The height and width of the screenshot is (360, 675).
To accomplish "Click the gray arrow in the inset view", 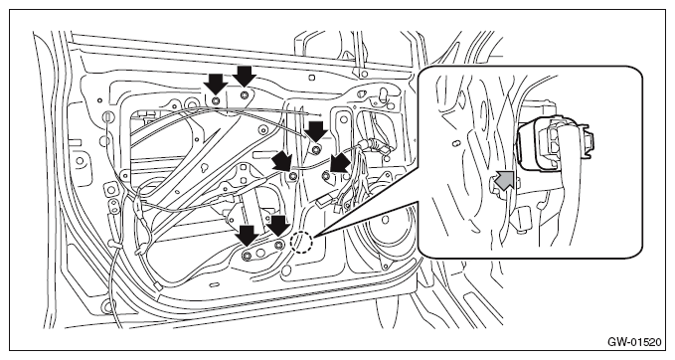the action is [x=505, y=180].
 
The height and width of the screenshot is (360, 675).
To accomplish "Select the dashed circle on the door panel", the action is [x=301, y=243].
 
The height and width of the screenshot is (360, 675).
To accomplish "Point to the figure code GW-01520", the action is [x=634, y=342].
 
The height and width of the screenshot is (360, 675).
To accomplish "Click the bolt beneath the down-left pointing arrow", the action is [x=326, y=176].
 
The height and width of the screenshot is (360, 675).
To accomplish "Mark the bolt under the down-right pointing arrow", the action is [x=293, y=175].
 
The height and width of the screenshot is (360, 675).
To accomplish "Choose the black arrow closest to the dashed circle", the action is [x=278, y=226].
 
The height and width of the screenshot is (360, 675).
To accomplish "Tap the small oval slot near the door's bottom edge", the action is [x=214, y=284].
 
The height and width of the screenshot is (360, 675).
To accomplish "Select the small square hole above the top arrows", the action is [x=312, y=78].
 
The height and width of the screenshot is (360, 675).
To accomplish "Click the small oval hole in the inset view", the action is [x=457, y=142].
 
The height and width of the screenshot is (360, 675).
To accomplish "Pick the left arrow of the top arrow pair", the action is [x=216, y=84].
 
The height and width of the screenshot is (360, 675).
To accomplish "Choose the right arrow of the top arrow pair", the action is [x=245, y=77].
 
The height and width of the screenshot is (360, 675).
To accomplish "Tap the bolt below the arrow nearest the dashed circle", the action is [x=279, y=246].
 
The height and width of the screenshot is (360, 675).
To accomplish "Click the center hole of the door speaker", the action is [x=386, y=220].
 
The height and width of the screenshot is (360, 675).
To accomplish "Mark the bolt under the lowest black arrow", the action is [x=247, y=256].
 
